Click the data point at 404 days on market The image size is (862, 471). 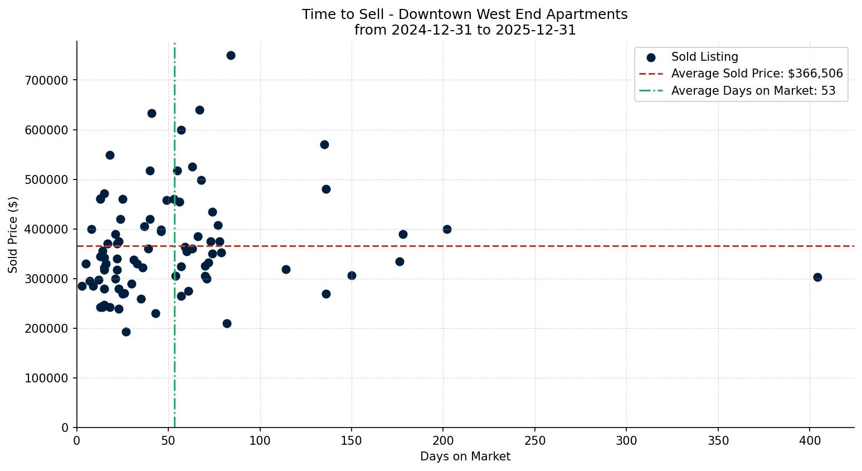tap(817, 277)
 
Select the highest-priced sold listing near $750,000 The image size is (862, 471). tap(231, 55)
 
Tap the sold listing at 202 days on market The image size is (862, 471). tap(447, 229)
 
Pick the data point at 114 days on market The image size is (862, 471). tap(286, 269)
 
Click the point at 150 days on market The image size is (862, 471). tap(352, 275)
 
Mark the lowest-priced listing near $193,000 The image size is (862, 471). tap(126, 332)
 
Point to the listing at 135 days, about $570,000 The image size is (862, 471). tap(324, 144)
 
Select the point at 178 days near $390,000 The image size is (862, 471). tap(403, 234)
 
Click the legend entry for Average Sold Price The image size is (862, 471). tap(757, 74)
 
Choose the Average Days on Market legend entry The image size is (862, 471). tap(753, 90)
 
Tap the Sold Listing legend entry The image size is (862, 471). tap(704, 57)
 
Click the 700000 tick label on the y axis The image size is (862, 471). tap(46, 80)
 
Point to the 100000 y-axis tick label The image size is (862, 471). tap(46, 378)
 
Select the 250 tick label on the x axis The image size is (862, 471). tap(535, 440)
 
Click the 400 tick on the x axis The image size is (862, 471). tap(810, 440)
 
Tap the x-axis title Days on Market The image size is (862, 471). tap(465, 457)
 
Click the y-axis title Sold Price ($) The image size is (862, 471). tap(13, 234)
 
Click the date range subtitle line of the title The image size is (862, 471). tap(465, 30)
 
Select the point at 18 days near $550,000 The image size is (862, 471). tap(110, 155)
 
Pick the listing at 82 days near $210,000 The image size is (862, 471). tap(227, 323)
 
